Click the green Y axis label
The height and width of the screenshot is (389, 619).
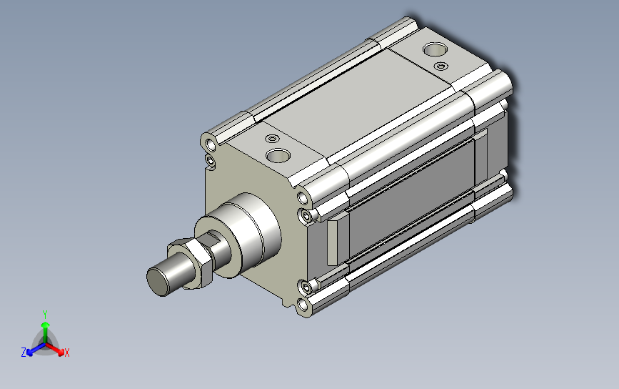[45, 315]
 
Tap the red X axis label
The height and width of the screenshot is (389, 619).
[66, 353]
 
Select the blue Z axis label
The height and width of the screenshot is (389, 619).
[24, 353]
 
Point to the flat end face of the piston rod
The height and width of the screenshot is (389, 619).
[156, 282]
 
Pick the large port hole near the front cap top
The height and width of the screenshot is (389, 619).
[278, 155]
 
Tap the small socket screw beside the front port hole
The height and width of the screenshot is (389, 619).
[272, 138]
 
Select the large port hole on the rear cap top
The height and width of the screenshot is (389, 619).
[435, 49]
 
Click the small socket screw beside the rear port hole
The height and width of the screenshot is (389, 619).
[441, 66]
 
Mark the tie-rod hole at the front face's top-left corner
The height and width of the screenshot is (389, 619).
[211, 145]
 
